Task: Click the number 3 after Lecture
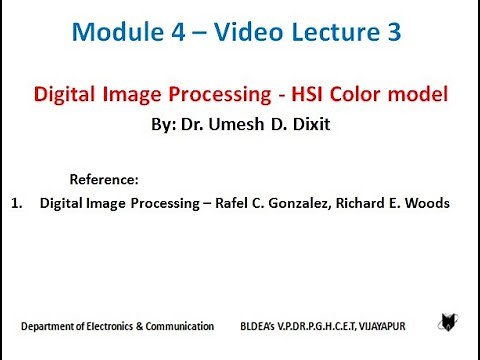395,33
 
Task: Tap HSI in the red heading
307,96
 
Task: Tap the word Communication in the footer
178,326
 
